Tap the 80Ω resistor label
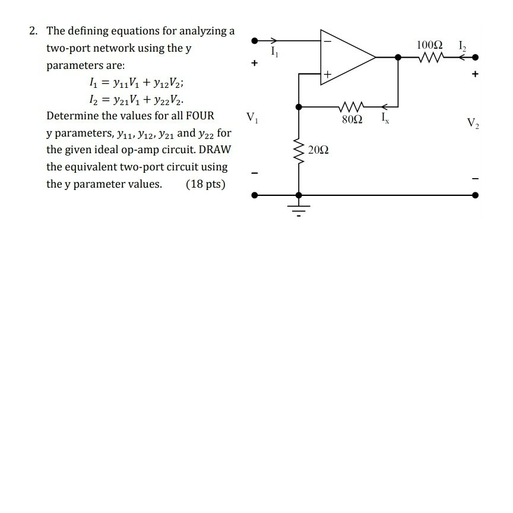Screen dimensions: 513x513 [x=352, y=119]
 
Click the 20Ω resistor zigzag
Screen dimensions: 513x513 [x=298, y=150]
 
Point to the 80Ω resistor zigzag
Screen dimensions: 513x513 [x=352, y=107]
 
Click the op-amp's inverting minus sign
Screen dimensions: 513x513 [x=327, y=42]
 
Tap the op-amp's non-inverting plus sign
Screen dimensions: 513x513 [x=327, y=74]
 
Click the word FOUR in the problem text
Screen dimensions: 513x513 [x=199, y=115]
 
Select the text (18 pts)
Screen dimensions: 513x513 [x=205, y=183]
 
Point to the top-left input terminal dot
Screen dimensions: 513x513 [x=255, y=41]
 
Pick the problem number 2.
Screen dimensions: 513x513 [x=33, y=31]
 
